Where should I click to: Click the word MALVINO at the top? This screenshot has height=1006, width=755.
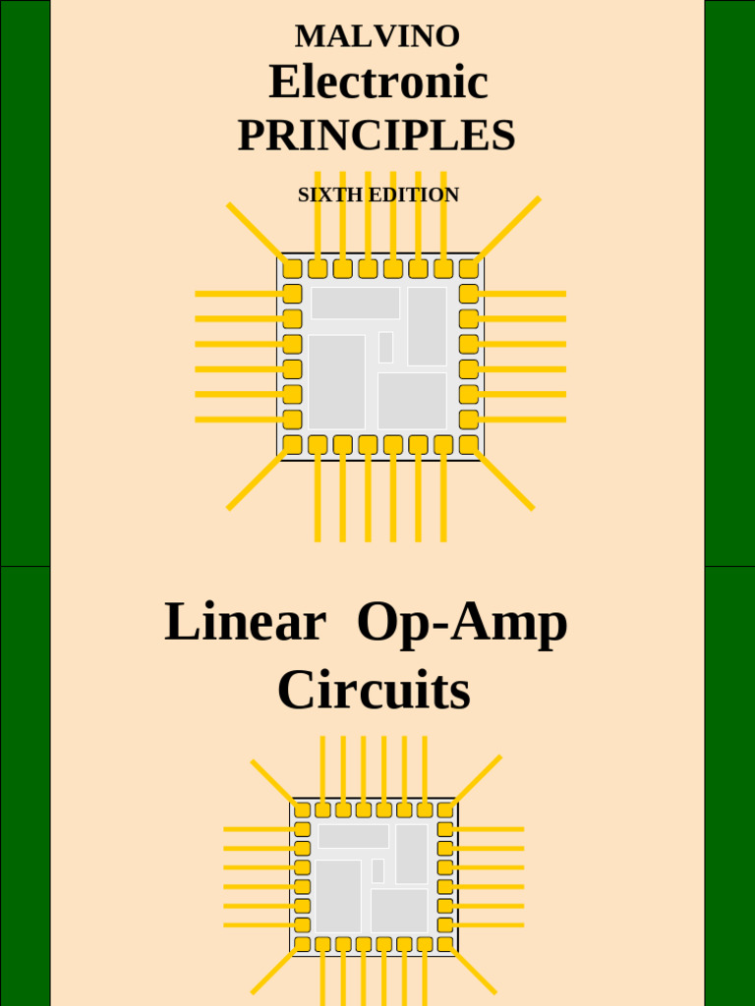tap(377, 36)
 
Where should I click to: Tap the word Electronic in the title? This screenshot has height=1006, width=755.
tap(377, 82)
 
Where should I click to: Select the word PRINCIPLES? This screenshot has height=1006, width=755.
tap(377, 136)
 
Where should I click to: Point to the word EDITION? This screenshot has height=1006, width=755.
tap(414, 195)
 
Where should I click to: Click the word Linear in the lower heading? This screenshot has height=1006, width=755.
tap(245, 622)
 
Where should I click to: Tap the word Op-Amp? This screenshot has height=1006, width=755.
tap(462, 624)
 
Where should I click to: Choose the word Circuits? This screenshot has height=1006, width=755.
tap(374, 691)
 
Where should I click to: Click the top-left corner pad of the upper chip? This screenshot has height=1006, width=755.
tap(292, 268)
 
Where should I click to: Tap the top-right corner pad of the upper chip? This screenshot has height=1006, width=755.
tap(469, 268)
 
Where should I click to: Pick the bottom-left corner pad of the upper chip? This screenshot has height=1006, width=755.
tap(292, 444)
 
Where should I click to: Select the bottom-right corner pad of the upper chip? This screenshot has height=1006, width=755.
tap(469, 444)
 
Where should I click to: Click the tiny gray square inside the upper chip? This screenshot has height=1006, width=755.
tap(385, 347)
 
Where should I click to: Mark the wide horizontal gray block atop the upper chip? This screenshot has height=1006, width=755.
tap(356, 303)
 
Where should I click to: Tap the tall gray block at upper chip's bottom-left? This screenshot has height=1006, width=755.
tap(337, 381)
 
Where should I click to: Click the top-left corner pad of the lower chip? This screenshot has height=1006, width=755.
tap(302, 810)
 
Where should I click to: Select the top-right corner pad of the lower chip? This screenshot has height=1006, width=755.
tap(445, 810)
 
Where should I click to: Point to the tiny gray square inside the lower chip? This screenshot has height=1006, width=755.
tap(377, 870)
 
